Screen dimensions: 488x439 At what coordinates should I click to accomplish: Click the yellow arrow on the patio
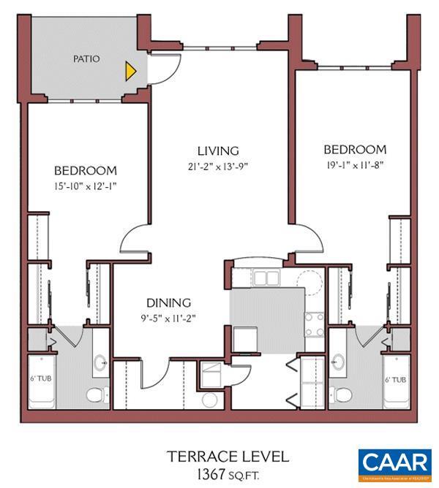tap(130, 70)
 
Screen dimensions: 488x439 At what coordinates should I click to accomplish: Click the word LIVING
tap(218, 151)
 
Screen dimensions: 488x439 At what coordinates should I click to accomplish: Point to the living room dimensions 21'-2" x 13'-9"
tap(218, 166)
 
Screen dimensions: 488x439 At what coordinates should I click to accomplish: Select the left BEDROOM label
tap(85, 171)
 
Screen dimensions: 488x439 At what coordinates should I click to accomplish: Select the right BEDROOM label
tap(354, 149)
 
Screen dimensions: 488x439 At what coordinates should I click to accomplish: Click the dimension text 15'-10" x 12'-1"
tap(85, 186)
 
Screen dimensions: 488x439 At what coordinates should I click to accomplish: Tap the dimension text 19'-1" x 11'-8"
tap(354, 164)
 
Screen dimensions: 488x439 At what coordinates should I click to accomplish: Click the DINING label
tap(168, 302)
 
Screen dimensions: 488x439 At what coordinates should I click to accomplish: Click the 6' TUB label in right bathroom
tap(395, 380)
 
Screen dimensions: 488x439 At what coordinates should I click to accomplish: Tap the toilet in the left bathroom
tap(94, 395)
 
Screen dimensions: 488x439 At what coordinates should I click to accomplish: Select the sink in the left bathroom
tap(100, 362)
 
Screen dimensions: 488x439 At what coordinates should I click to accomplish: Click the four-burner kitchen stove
tap(315, 324)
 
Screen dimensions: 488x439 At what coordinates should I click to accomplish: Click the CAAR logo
tap(394, 464)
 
